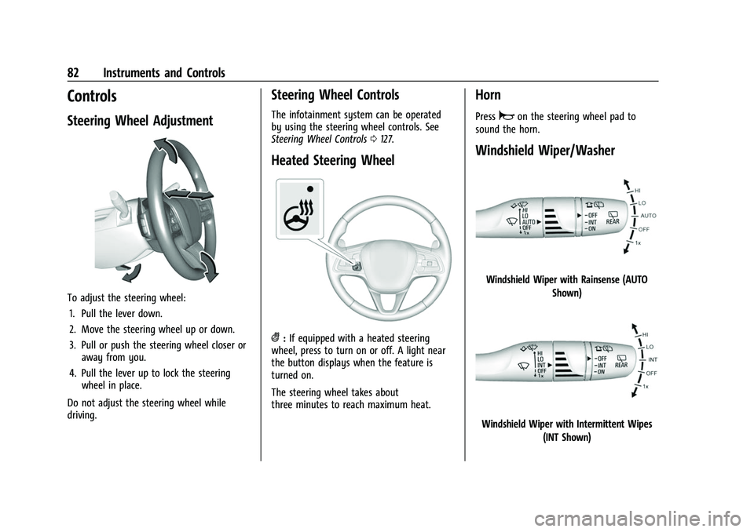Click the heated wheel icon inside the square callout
pyautogui.click(x=302, y=212)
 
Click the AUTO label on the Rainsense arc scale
pyautogui.click(x=649, y=214)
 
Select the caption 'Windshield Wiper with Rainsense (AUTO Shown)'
pyautogui.click(x=566, y=286)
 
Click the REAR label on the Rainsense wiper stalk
pyautogui.click(x=613, y=221)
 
